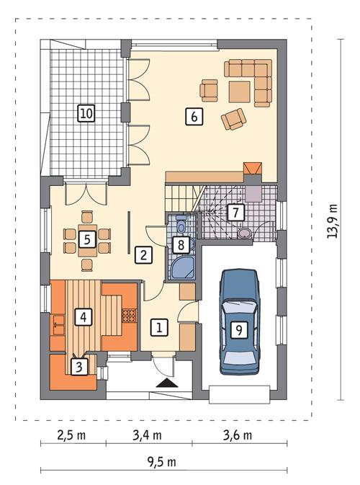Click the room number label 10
(x=86, y=113)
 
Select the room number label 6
(x=192, y=115)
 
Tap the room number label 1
(x=159, y=328)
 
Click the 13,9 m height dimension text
(x=333, y=220)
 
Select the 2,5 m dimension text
(x=72, y=435)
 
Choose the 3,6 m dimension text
(x=238, y=435)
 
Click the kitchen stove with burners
(x=130, y=314)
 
